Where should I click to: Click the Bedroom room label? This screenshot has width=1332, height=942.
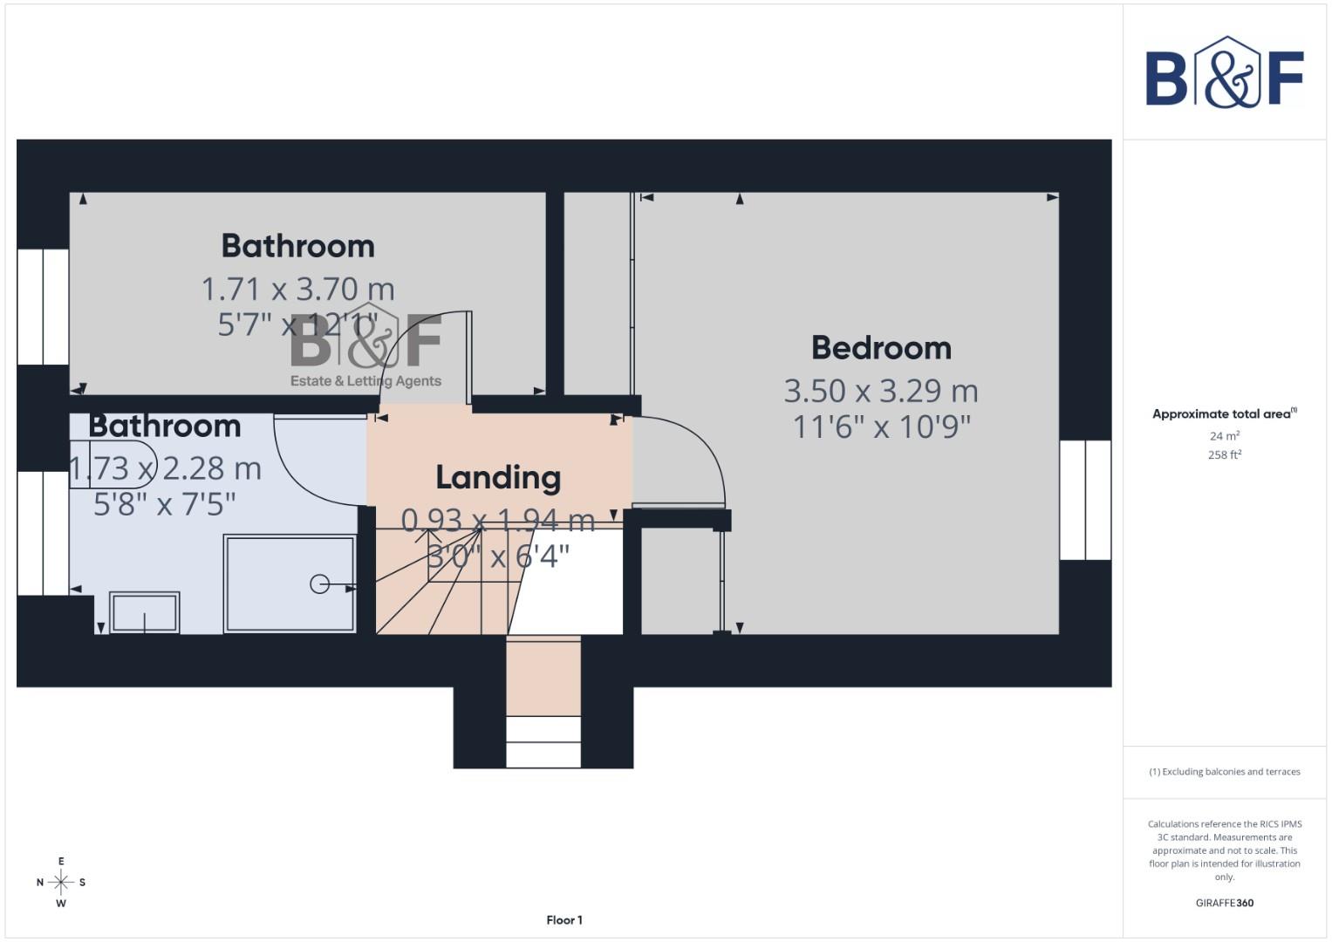click(881, 347)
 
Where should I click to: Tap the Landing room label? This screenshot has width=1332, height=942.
click(498, 477)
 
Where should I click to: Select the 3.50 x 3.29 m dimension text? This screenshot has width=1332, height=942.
click(881, 391)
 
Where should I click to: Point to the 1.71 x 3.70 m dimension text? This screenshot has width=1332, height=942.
click(297, 289)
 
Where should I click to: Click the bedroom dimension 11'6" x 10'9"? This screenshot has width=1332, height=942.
click(881, 427)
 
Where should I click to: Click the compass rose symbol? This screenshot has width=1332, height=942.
click(61, 883)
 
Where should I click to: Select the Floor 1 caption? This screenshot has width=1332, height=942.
click(564, 920)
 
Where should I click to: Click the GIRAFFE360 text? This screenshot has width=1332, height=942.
click(1224, 903)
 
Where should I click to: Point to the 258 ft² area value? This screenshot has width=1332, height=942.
click(1224, 454)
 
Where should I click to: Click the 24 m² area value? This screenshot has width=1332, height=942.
click(1224, 436)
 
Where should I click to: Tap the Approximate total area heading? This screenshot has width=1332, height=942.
click(1224, 414)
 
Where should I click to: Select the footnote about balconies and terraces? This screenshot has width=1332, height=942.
click(1224, 772)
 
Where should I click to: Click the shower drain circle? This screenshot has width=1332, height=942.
click(320, 584)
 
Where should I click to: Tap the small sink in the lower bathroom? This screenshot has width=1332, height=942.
click(144, 612)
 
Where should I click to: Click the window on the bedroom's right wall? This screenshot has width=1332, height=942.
click(1085, 500)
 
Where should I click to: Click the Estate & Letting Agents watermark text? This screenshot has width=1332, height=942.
click(365, 381)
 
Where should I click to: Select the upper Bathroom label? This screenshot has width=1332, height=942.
click(297, 246)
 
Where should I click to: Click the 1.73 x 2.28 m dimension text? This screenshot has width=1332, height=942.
click(165, 468)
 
